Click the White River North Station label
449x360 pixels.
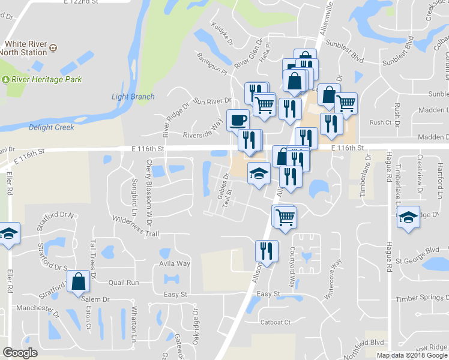point(26,48)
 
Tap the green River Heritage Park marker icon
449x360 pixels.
point(7,79)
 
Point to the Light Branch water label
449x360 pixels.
point(133,97)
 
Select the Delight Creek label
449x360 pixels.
point(52,127)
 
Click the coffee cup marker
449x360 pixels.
point(238,119)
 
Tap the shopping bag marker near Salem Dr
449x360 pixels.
point(79,281)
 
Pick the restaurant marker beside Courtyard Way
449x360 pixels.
point(265,250)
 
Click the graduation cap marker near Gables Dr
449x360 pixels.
point(259,173)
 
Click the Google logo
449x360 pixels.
point(20,353)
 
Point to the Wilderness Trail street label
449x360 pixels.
point(135,226)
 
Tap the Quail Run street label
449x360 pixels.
point(124,283)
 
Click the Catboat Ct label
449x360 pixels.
point(276,322)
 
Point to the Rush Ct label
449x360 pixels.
point(381,122)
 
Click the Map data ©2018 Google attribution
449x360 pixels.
point(412,355)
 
